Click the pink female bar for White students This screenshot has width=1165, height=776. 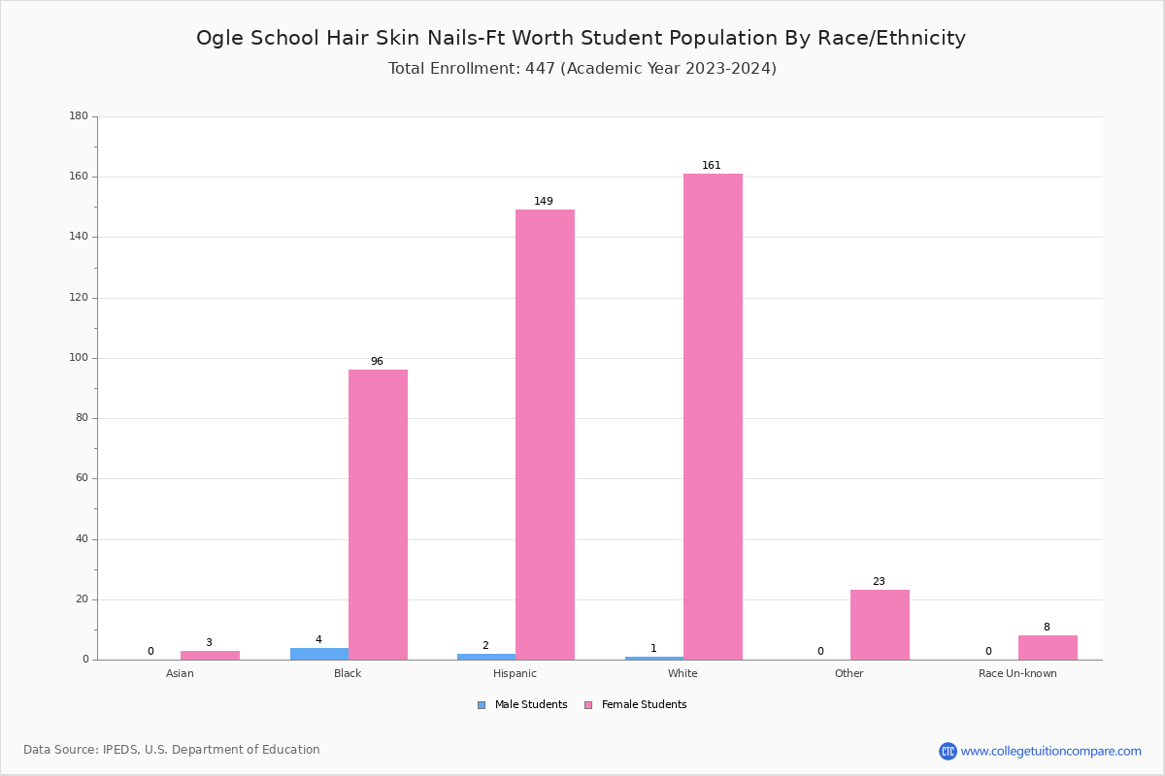point(713,417)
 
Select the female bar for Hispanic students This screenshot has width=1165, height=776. point(545,435)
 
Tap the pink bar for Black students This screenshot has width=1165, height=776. point(378,514)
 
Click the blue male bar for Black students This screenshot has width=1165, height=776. point(319,654)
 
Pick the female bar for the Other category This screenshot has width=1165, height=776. point(880,625)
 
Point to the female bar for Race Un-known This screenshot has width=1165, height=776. point(1048,647)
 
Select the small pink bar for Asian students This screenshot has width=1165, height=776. point(210,655)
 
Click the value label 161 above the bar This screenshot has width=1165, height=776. point(712,166)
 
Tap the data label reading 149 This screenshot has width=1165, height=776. point(544,202)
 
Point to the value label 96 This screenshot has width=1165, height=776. point(377,362)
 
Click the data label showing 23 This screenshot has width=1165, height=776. point(879,582)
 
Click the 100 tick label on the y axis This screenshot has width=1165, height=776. point(79,358)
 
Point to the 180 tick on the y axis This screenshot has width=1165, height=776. point(79,116)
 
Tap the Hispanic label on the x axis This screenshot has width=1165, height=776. point(515,673)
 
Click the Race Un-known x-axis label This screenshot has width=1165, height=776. point(1017,673)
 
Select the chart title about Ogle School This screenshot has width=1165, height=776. point(581,38)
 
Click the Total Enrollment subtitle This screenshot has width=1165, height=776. point(582,69)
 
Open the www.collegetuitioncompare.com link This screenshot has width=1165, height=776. point(1050,751)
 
